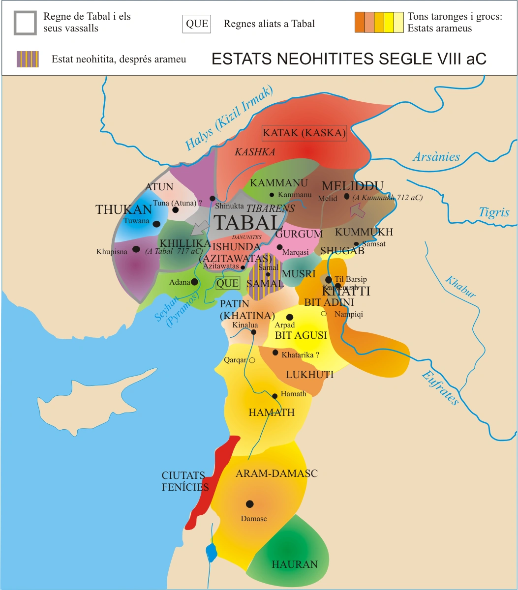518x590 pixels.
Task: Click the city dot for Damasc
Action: pos(249,504)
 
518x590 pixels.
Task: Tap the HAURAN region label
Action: pos(295,564)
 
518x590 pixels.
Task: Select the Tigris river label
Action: pos(494,212)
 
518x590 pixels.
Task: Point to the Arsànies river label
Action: pos(436,157)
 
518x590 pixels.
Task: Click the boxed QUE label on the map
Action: pos(227,283)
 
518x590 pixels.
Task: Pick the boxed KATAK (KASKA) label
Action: pos(305,133)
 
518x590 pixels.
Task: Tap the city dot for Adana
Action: pos(194,282)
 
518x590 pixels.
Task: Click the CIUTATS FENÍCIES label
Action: pos(185,481)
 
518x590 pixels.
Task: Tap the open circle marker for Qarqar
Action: pos(252,360)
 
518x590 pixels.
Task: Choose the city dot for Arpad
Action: pos(290,317)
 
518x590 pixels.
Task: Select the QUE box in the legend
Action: pos(197,24)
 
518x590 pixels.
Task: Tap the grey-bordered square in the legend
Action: pos(25,23)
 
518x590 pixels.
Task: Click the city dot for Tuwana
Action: pos(156,224)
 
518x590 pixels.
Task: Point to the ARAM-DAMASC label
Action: pos(276,473)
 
